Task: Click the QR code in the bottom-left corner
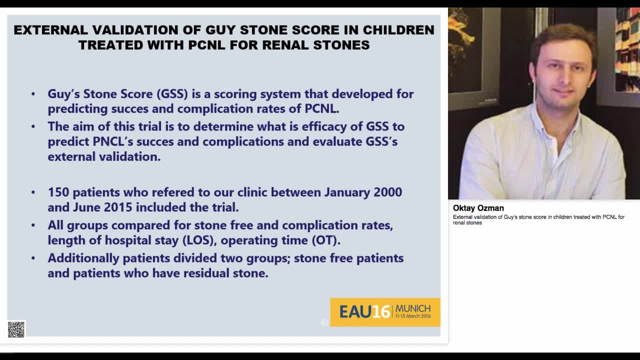16,329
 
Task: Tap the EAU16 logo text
364,312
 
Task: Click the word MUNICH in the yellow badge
412,308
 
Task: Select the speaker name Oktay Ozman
478,208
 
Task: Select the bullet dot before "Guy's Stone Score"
33,94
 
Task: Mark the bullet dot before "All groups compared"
33,225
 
